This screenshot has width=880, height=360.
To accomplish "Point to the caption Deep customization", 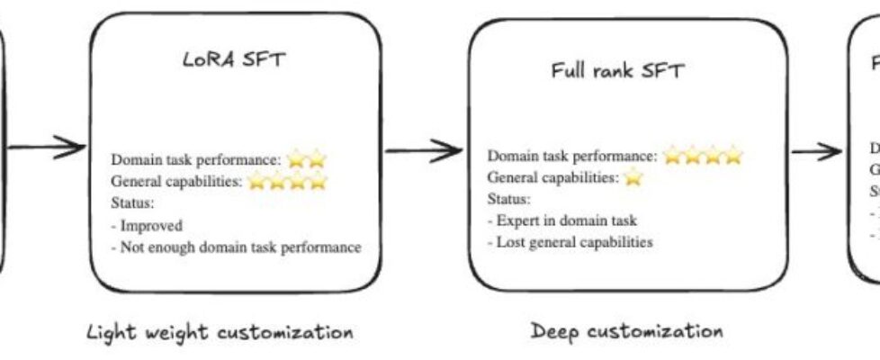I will (x=625, y=330).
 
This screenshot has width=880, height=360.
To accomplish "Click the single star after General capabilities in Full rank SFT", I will (x=633, y=178).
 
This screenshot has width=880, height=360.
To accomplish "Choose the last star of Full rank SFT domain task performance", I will (x=734, y=157).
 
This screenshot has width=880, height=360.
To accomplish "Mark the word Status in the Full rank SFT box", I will (x=508, y=199).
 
